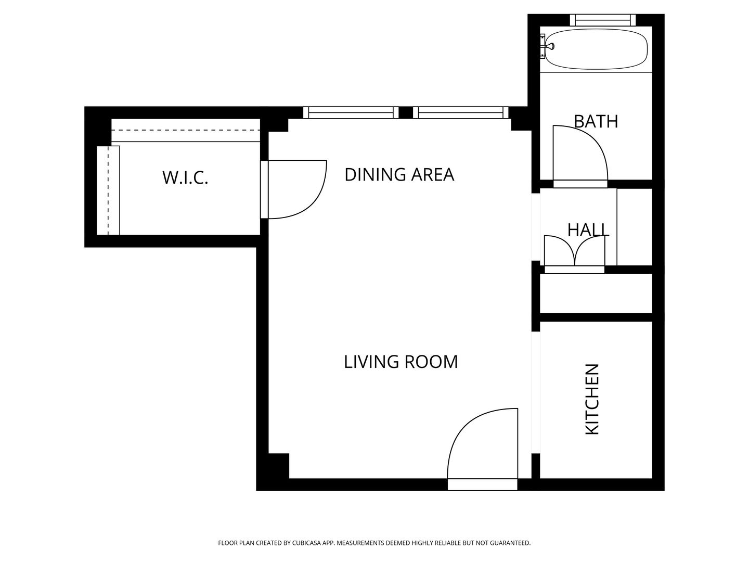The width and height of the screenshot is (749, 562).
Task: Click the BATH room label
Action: pos(596,121)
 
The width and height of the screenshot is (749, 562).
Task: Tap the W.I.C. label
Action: pos(185,178)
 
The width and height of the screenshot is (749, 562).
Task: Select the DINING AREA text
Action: pos(399,175)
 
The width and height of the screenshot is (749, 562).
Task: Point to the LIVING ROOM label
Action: pos(401,362)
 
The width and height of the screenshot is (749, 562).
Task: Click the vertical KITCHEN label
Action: pos(592,399)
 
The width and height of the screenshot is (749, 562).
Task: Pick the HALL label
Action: pos(588,230)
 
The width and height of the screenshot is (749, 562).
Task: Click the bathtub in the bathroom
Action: pos(596,49)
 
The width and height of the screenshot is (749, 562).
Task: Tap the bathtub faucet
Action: pos(548,46)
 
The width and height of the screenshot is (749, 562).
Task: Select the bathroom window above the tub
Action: pos(603,20)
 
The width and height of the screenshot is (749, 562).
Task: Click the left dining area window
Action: pos(351,112)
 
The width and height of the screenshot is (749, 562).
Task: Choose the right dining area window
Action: pos(460,112)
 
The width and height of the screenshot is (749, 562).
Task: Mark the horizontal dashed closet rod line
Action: pos(186,130)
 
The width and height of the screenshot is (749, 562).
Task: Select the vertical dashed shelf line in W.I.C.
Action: pos(109,190)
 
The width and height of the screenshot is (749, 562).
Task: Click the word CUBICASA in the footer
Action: pos(306,543)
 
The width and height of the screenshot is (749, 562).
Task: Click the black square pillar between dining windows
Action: pos(406,112)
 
